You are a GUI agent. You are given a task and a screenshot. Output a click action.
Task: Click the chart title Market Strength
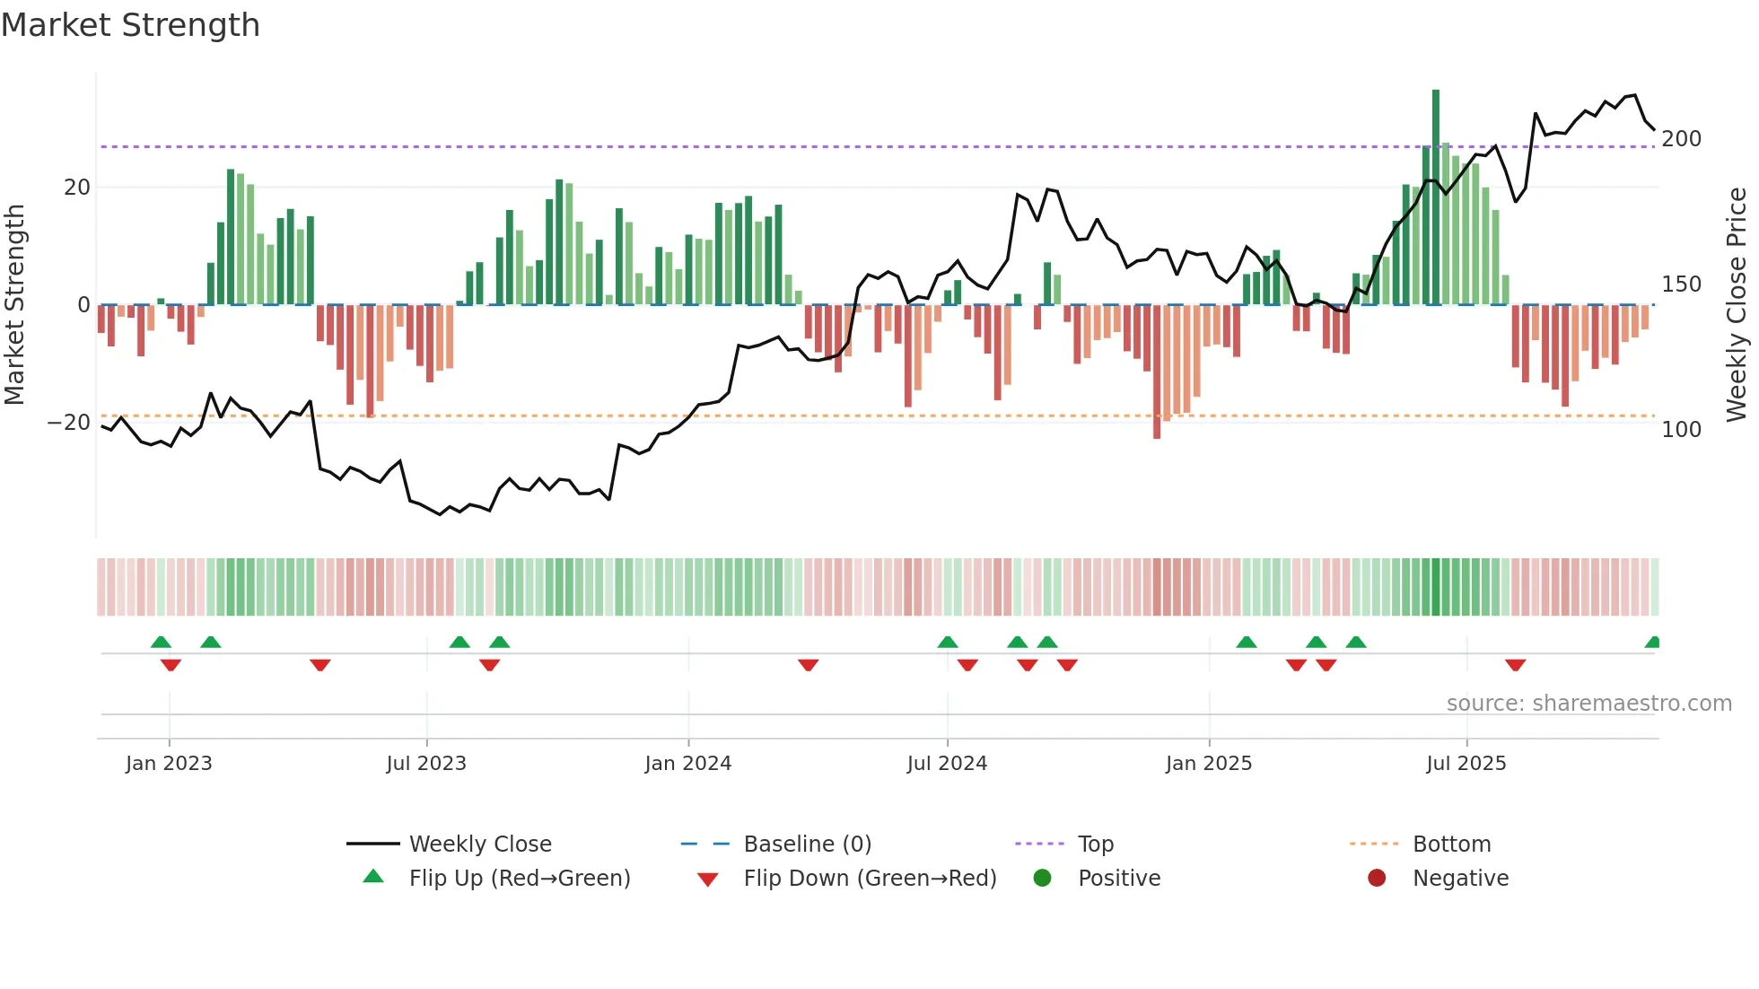click(x=130, y=25)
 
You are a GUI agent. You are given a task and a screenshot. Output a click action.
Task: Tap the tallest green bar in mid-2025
click(x=1436, y=197)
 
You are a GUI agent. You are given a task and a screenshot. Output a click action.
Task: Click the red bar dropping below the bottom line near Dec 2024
click(x=1157, y=372)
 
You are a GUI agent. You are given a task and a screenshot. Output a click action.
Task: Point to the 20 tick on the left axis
click(x=77, y=188)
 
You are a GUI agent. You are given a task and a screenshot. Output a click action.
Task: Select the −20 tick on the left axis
click(x=69, y=423)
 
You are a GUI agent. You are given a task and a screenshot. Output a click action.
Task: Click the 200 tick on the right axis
click(x=1681, y=139)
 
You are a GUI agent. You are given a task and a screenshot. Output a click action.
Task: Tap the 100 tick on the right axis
click(x=1681, y=430)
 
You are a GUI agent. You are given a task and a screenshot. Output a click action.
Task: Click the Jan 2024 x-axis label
click(x=688, y=764)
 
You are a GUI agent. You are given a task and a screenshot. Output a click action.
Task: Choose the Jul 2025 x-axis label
click(x=1466, y=764)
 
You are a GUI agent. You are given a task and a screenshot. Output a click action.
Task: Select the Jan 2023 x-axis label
click(x=169, y=764)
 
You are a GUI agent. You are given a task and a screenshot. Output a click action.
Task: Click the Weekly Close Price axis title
click(x=1737, y=305)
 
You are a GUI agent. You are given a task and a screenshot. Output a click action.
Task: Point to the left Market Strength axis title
click(x=15, y=305)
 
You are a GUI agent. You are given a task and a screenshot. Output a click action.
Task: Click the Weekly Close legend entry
click(x=479, y=845)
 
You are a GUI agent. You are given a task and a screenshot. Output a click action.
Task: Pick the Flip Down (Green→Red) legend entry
click(x=869, y=879)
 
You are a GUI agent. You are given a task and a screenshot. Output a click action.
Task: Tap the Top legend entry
click(x=1095, y=845)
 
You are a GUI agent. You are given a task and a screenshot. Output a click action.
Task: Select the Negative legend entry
click(x=1459, y=879)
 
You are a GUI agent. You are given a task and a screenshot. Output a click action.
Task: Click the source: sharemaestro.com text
click(x=1588, y=704)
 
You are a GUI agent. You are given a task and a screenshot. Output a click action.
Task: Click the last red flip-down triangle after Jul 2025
click(x=1516, y=665)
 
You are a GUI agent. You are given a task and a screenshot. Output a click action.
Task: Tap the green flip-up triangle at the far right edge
click(x=1653, y=643)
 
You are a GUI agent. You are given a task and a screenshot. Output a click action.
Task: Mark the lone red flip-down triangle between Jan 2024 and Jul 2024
click(x=808, y=665)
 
